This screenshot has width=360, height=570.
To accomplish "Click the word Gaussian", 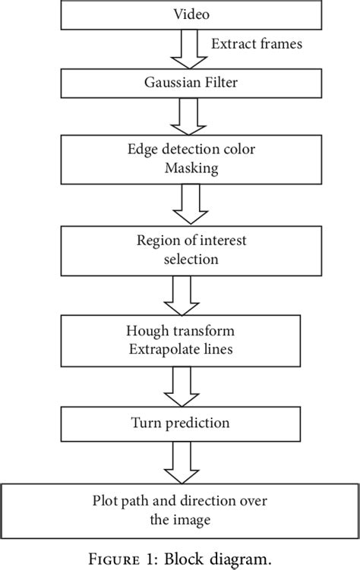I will click(163, 84).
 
